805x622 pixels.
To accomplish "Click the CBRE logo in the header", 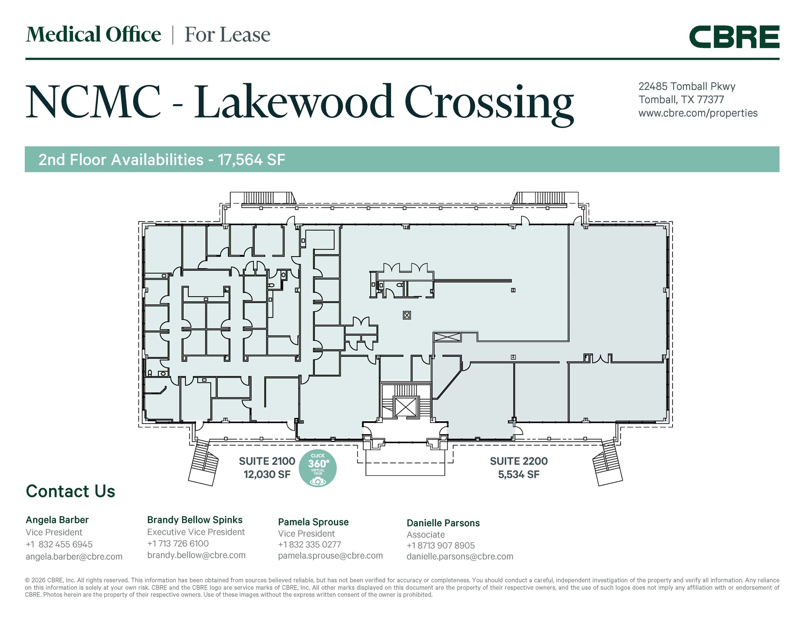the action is tap(734, 37).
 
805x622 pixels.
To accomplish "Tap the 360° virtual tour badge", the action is tap(318, 468).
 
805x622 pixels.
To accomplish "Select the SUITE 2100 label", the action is tap(267, 461).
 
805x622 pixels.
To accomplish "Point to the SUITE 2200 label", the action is tap(518, 461).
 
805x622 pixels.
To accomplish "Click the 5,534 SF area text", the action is tap(518, 475).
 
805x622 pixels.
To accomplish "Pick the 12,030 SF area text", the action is tap(267, 475).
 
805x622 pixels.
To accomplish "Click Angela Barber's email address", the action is tap(74, 556).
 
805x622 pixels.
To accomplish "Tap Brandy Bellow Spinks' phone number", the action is tap(178, 543).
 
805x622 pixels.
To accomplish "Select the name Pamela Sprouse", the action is tap(313, 522).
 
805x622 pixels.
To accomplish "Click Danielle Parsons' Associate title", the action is tap(426, 535).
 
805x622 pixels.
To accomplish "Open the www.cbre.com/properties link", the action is tap(698, 113).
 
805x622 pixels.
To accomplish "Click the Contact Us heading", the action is tap(70, 491).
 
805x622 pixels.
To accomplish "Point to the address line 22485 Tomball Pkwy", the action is tap(687, 86).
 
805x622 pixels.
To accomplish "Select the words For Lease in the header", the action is tap(227, 35).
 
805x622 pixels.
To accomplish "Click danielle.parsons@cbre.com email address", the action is tap(460, 556).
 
